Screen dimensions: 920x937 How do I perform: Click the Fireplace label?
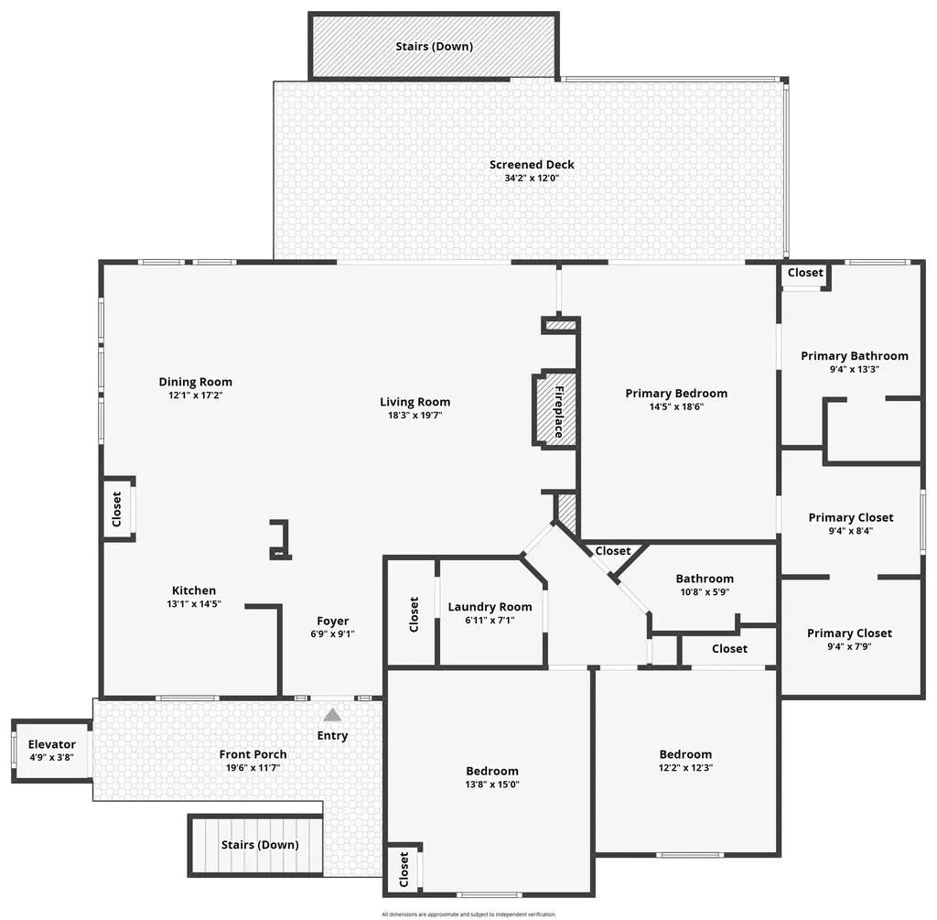pos(557,411)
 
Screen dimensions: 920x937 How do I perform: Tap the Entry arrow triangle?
pos(332,714)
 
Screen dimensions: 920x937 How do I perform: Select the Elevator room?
pos(51,751)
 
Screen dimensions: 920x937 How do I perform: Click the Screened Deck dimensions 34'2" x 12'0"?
pos(532,179)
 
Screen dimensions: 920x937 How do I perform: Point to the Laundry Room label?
pos(490,607)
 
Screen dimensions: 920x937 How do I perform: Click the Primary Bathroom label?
pos(854,356)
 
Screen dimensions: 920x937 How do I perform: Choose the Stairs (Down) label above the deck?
pos(434,46)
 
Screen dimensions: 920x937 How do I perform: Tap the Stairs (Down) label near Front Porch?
pos(260,845)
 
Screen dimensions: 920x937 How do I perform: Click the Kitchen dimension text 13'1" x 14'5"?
pos(194,604)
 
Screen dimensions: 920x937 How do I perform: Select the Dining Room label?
pos(195,382)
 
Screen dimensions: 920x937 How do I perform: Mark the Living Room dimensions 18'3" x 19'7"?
pos(415,415)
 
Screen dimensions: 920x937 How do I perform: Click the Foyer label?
pos(332,621)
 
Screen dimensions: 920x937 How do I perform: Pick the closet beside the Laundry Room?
pos(414,612)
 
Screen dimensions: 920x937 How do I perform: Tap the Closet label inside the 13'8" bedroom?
pos(404,868)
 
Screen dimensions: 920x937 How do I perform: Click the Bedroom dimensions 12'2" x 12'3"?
pos(685,768)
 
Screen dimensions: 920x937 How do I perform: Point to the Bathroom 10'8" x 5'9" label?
pos(705,579)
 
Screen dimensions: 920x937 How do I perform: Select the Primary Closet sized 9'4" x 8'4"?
pos(851,524)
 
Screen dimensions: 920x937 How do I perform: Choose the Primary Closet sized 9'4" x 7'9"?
pos(849,639)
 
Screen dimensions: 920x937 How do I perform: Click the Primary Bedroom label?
pos(676,394)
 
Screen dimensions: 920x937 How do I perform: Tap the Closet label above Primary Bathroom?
pos(805,273)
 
